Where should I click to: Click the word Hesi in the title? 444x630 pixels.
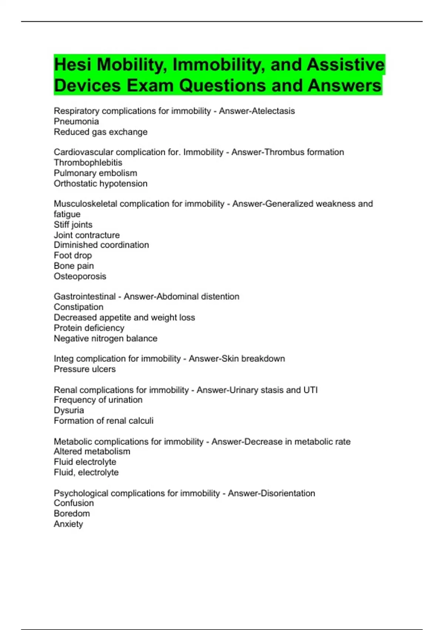click(x=73, y=65)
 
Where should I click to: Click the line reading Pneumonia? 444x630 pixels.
click(x=76, y=122)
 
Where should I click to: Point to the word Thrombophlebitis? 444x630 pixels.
click(x=88, y=163)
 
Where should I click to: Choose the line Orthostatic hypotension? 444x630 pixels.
click(x=100, y=183)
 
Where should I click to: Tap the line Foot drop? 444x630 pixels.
click(x=73, y=255)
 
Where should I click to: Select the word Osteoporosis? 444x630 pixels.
click(x=80, y=276)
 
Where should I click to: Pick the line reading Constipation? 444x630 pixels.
click(x=78, y=307)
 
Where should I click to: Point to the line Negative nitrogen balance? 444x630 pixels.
click(x=105, y=338)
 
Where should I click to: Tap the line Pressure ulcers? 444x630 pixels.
click(x=84, y=369)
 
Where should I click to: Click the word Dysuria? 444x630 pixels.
click(x=69, y=410)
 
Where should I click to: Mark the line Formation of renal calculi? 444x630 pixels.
click(x=103, y=421)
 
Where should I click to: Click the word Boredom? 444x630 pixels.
click(x=72, y=514)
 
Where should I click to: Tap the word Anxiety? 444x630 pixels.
click(x=68, y=524)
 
